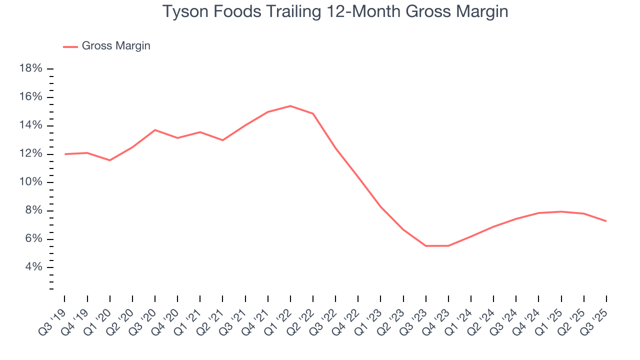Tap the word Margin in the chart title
pyautogui.click(x=480, y=11)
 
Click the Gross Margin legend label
pyautogui.click(x=116, y=46)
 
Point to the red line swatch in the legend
pyautogui.click(x=70, y=46)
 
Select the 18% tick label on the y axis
pyautogui.click(x=30, y=68)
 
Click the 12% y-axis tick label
pyautogui.click(x=30, y=153)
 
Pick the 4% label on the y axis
pyautogui.click(x=33, y=267)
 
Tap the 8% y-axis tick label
pyautogui.click(x=33, y=210)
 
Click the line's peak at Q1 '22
pyautogui.click(x=290, y=106)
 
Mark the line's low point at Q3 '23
pyautogui.click(x=426, y=245)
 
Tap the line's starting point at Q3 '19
pyautogui.click(x=65, y=154)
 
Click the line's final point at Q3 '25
pyautogui.click(x=606, y=221)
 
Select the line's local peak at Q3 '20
pyautogui.click(x=155, y=130)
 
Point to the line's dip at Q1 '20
pyautogui.click(x=110, y=160)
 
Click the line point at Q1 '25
pyautogui.click(x=561, y=211)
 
